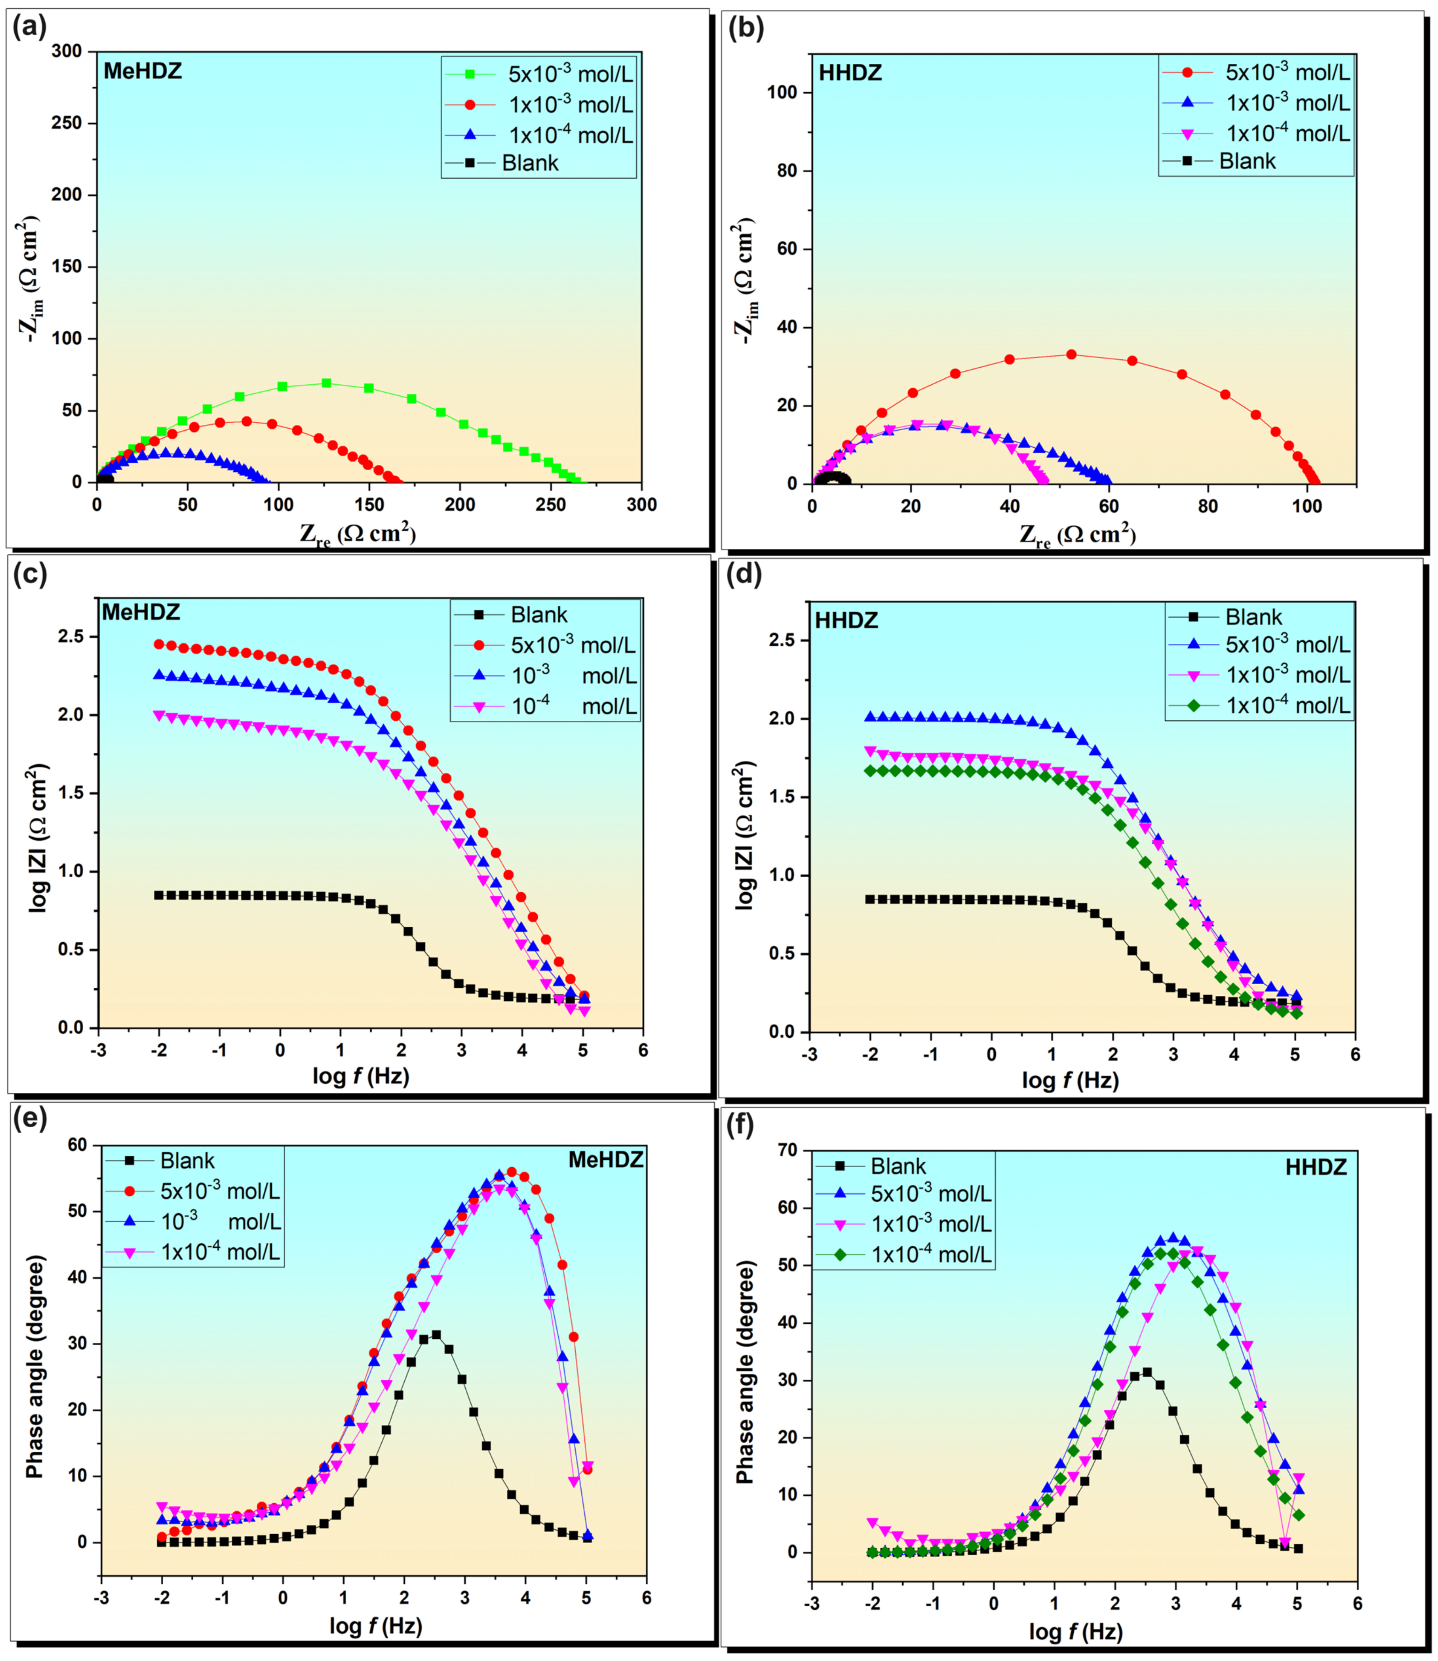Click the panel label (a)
coord(30,28)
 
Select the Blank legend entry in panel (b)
coord(1246,161)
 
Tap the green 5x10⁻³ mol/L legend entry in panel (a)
coord(570,74)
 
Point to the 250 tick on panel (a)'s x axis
coord(551,504)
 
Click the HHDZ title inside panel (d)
coord(847,620)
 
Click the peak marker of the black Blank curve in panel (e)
coord(436,1335)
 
